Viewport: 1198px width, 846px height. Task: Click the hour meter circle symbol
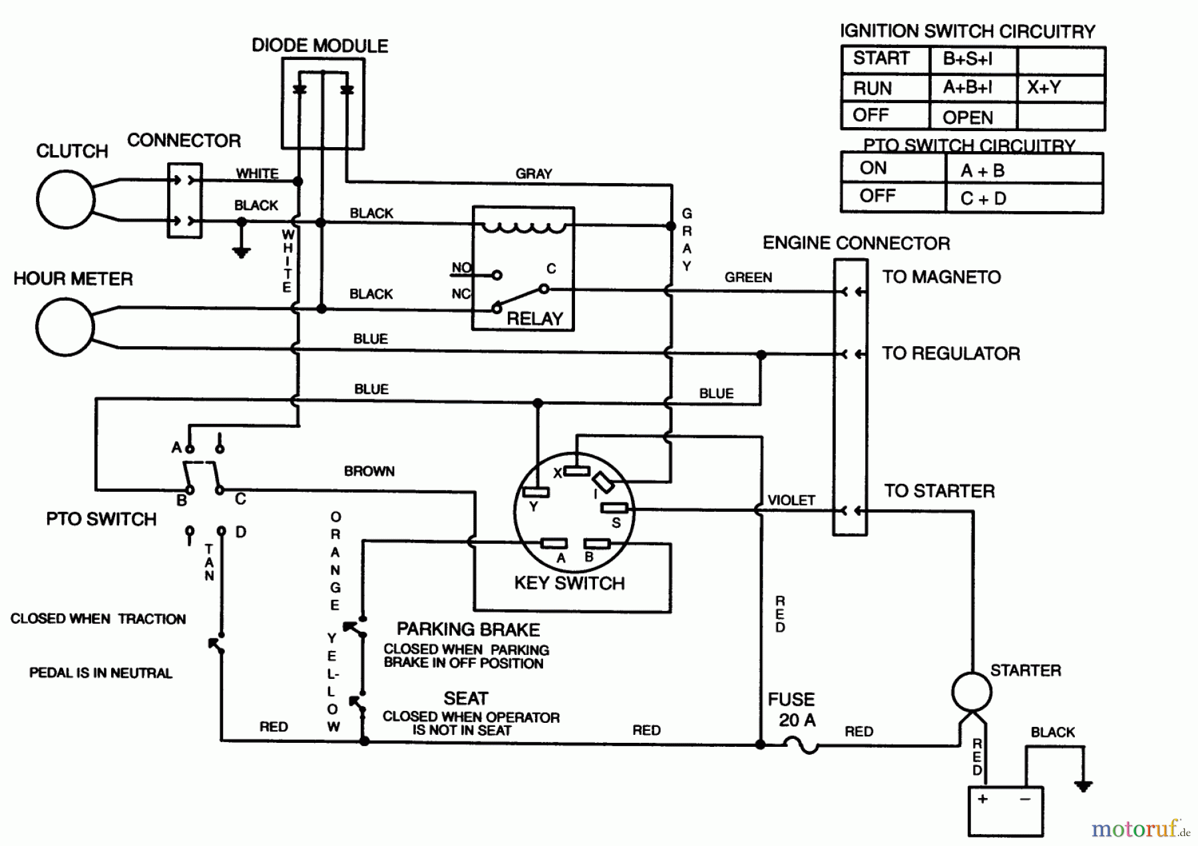coord(65,327)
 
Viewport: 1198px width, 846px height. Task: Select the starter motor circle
coord(971,692)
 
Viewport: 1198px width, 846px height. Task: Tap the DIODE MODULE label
coord(319,46)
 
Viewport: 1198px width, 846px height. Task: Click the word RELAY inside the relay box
coord(534,319)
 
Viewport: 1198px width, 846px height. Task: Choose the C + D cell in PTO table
coord(983,198)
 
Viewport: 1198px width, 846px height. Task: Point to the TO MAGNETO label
coord(941,277)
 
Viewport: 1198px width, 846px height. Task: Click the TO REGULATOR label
coord(950,353)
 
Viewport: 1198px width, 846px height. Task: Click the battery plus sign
coord(982,798)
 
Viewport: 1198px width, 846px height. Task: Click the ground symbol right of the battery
coord(1083,786)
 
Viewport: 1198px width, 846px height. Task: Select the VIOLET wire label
coord(791,501)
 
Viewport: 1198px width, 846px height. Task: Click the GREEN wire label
coord(748,278)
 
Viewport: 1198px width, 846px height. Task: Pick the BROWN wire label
coord(369,471)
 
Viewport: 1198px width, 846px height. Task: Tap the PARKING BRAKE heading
coord(468,630)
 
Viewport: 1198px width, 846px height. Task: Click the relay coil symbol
coord(523,228)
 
